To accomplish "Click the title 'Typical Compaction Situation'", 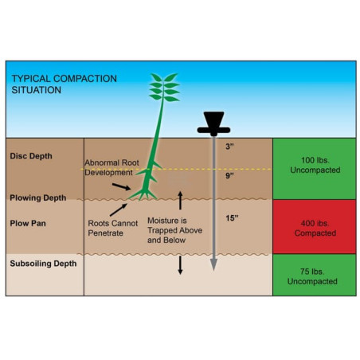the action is [64, 84].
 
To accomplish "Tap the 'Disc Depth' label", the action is [31, 156].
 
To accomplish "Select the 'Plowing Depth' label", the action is [38, 198].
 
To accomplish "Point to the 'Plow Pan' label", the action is [28, 223].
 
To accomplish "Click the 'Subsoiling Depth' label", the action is [43, 264].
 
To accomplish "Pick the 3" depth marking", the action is [229, 147].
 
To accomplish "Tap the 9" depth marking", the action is [229, 175].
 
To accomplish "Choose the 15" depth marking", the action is [232, 218].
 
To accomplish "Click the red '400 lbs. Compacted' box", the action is [315, 227].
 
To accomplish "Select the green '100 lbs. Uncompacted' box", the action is [315, 169].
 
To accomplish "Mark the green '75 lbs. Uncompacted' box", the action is [315, 275].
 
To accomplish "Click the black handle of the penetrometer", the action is [213, 123].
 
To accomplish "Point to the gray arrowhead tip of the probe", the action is [213, 270].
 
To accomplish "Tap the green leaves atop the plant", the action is [164, 88].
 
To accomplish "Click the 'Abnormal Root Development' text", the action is [112, 167].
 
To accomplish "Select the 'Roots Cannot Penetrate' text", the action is [113, 228].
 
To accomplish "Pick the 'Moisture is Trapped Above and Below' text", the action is [174, 230].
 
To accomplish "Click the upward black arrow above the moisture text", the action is [180, 201].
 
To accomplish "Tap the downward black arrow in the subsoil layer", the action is [180, 265].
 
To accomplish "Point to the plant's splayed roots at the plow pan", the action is [143, 194].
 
